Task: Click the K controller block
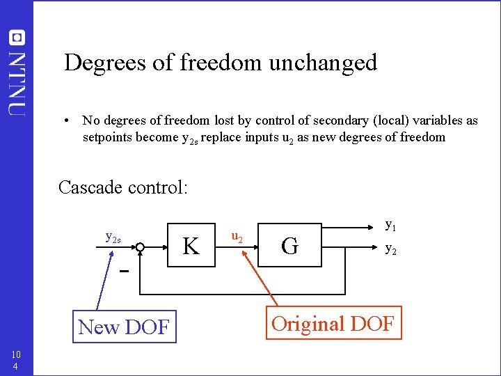coord(191,245)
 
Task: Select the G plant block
coord(291,245)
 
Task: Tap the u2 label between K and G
coord(237,238)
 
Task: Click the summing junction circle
coord(140,246)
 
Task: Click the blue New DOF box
coord(124,326)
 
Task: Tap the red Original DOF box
coord(333,323)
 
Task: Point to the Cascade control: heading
coord(123,187)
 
